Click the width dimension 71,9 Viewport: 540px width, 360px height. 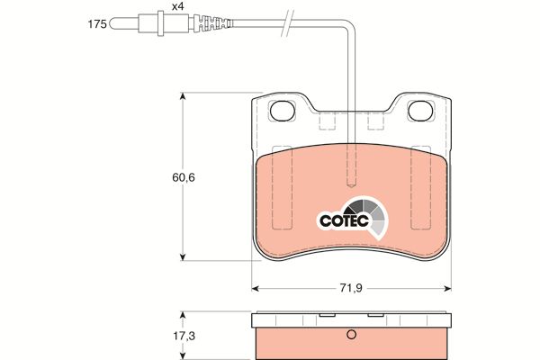tap(351, 288)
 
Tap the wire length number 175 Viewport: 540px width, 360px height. tap(98, 24)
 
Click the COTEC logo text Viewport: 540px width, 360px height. tap(342, 219)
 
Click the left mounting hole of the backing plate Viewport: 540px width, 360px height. tap(283, 112)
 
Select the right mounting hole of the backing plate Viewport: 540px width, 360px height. tap(421, 112)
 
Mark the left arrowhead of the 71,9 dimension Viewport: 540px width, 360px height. tap(254, 288)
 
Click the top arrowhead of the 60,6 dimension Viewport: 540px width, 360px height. tap(184, 94)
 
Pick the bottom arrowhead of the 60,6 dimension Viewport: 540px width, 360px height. tap(184, 256)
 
